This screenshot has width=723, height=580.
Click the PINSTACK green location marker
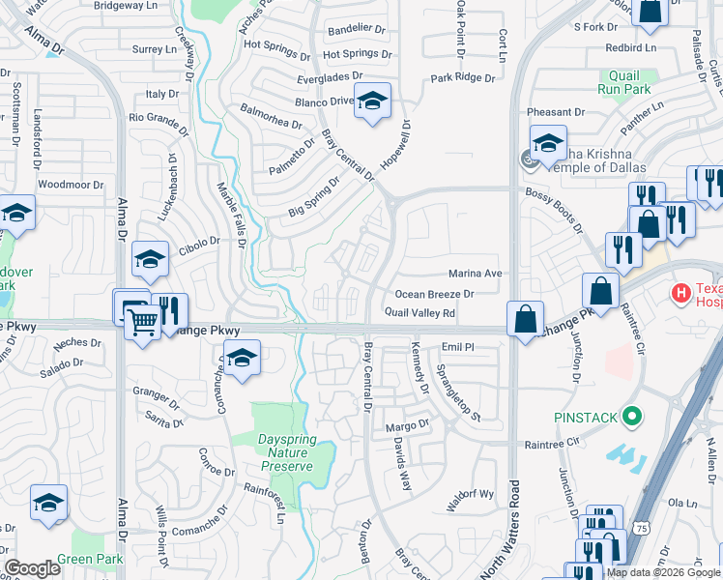633,417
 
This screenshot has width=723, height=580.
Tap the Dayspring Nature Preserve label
285,452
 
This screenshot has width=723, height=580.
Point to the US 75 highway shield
643,529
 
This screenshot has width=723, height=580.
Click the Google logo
33,568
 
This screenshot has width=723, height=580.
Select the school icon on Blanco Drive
371,101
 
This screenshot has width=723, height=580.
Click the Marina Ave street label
476,274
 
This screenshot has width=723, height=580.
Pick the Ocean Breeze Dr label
434,294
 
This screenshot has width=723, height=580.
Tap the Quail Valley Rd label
419,313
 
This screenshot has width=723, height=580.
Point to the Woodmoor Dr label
71,185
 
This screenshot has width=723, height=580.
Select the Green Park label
89,560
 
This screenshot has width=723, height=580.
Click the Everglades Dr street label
331,75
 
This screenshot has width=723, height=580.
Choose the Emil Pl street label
457,346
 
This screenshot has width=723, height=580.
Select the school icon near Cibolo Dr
151,259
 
